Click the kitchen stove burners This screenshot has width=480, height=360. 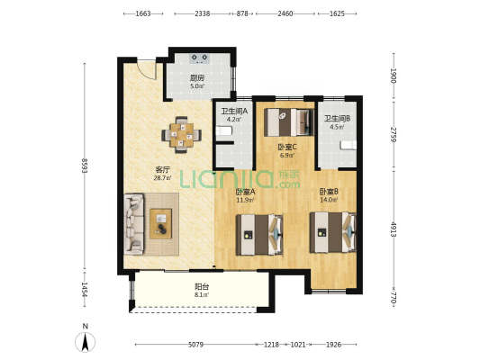click(199, 58)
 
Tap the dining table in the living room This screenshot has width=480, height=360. click(182, 135)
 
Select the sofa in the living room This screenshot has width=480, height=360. click(134, 224)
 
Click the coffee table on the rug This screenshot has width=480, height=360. click(160, 223)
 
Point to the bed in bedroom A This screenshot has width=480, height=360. click(259, 235)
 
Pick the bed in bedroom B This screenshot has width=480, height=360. click(333, 232)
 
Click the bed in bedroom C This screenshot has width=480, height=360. click(289, 122)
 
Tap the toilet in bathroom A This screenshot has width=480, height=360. click(223, 130)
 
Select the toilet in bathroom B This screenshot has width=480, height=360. click(349, 145)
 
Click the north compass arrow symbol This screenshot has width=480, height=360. click(85, 342)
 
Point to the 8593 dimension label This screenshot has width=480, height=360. click(85, 166)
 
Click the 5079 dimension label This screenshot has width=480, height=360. click(195, 345)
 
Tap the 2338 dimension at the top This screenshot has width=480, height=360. click(203, 13)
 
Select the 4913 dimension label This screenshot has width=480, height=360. click(394, 229)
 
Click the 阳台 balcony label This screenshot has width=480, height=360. click(202, 287)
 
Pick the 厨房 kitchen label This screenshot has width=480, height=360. click(197, 78)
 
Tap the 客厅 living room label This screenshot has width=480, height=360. click(162, 170)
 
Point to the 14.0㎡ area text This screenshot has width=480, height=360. click(329, 200)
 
